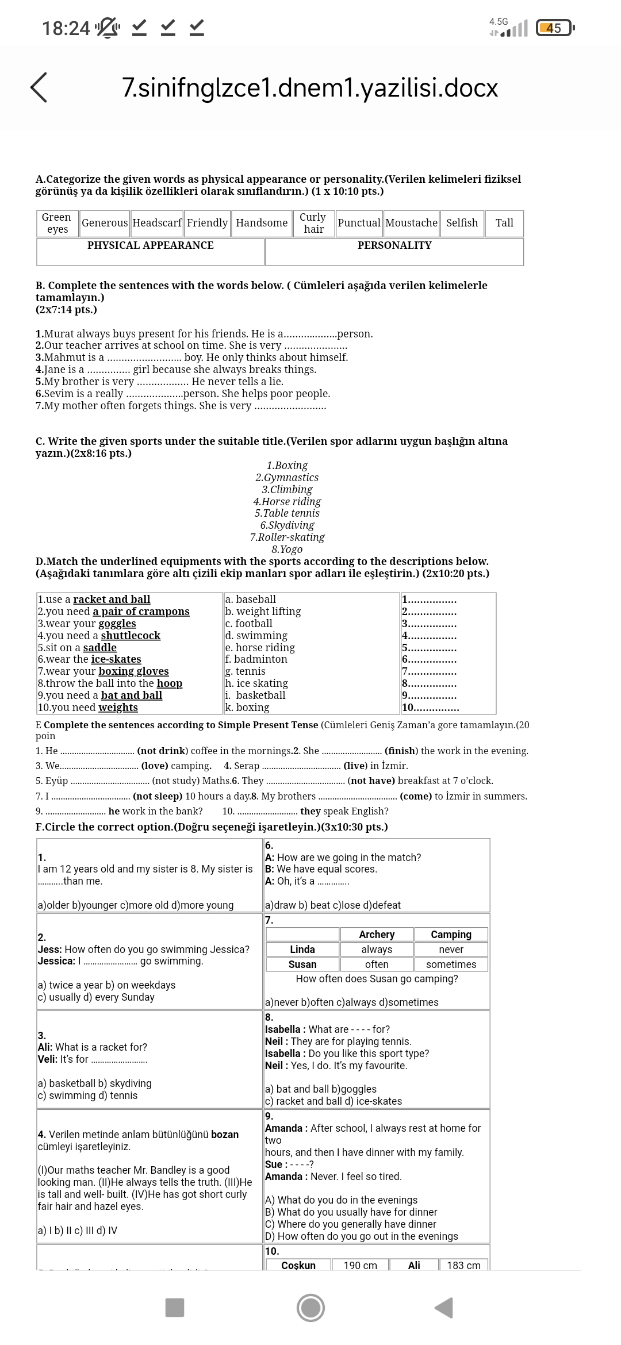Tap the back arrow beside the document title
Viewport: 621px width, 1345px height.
click(39, 88)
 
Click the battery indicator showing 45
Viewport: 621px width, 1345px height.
click(554, 28)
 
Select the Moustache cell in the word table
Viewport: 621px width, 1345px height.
click(411, 223)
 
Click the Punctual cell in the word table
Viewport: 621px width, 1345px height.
click(359, 223)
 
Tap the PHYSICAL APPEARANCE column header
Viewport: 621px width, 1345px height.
click(150, 245)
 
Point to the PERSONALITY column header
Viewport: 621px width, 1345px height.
click(394, 245)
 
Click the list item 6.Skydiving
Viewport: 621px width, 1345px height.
click(287, 525)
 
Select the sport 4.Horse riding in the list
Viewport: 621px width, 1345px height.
click(287, 501)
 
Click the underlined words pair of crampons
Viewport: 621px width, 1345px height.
click(141, 612)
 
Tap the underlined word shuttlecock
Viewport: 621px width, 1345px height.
click(131, 636)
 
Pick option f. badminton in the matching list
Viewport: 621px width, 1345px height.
click(256, 659)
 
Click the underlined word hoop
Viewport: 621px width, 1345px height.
click(170, 683)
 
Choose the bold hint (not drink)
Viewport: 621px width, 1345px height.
click(162, 751)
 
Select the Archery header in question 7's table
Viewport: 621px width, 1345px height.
click(377, 935)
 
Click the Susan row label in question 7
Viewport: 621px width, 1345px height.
click(302, 964)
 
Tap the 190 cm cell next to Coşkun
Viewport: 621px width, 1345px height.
click(361, 1266)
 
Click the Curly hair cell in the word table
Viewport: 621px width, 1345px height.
click(313, 223)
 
